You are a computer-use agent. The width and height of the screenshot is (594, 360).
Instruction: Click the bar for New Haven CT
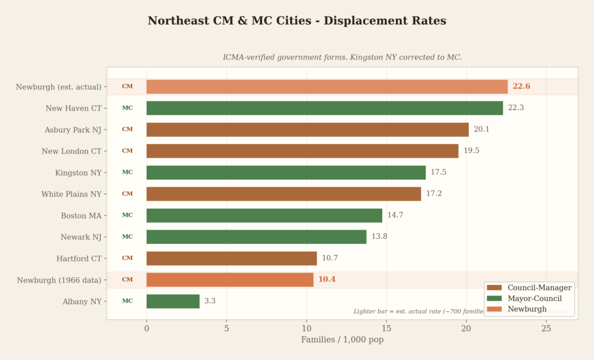coord(324,108)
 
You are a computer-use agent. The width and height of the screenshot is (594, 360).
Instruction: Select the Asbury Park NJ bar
coord(307,129)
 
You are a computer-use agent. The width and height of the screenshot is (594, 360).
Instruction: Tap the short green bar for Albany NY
coord(173,301)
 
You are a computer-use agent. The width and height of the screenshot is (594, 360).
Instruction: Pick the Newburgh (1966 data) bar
coord(230,280)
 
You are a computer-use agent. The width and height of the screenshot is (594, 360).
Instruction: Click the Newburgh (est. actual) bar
coord(327,86)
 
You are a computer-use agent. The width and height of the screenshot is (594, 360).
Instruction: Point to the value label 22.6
coord(521,86)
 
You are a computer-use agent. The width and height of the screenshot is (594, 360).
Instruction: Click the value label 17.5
coord(439,172)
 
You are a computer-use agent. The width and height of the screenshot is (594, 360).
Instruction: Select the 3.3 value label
coord(210,301)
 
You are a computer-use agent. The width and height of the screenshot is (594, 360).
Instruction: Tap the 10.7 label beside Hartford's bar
coord(330,259)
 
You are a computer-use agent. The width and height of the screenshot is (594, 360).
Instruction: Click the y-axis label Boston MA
coord(81,216)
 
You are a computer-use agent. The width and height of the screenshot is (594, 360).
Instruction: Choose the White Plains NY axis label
coord(71,194)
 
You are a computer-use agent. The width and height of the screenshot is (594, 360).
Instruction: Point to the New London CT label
coord(71,151)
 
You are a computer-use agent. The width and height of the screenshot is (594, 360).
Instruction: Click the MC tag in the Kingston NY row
coord(127,172)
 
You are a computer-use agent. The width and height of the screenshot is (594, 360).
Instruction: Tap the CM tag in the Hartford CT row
coord(127,259)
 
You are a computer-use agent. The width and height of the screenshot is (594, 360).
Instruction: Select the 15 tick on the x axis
coord(386,329)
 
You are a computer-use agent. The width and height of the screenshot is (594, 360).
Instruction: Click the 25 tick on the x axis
coord(546,329)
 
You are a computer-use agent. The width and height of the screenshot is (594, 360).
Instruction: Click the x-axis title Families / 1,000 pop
coord(342,340)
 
